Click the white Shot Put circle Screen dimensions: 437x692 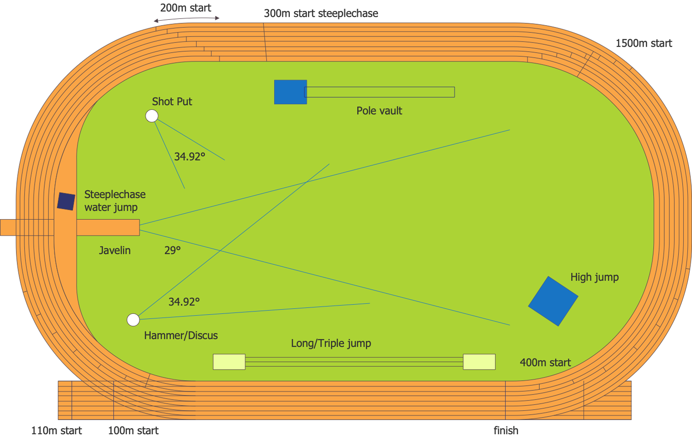tap(152, 116)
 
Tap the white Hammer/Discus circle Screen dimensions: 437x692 tap(133, 320)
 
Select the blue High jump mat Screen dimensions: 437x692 tap(553, 301)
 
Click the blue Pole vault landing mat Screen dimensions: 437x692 tap(290, 92)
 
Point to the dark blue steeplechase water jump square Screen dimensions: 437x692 tap(66, 201)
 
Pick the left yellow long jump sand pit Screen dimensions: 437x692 tap(229, 362)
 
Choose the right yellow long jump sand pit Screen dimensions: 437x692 tap(479, 362)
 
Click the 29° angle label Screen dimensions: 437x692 tap(173, 251)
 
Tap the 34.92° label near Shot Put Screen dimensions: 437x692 tap(190, 156)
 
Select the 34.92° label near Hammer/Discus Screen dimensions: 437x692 tap(184, 302)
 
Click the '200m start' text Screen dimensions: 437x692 tap(185, 8)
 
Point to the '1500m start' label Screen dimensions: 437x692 tap(644, 43)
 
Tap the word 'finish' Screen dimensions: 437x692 tap(506, 431)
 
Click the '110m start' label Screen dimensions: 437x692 tap(56, 431)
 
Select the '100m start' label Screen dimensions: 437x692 tap(133, 431)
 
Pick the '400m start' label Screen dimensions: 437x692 tap(545, 363)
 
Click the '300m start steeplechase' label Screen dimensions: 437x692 tap(321, 13)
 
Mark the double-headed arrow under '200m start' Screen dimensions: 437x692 tap(186, 19)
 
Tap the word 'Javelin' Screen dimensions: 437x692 tap(115, 251)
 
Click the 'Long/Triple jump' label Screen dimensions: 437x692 tap(331, 343)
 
